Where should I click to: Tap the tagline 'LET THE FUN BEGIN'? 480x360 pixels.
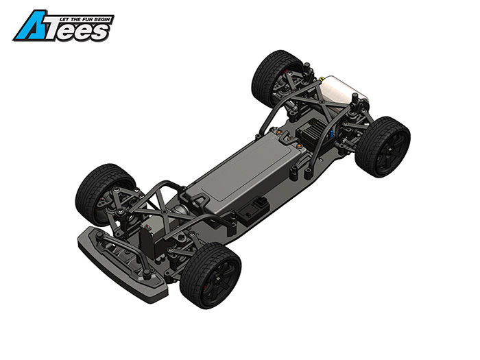85,19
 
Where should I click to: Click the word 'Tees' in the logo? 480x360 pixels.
80,32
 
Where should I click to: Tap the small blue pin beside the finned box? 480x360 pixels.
331,134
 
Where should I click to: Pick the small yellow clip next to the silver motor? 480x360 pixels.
321,79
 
